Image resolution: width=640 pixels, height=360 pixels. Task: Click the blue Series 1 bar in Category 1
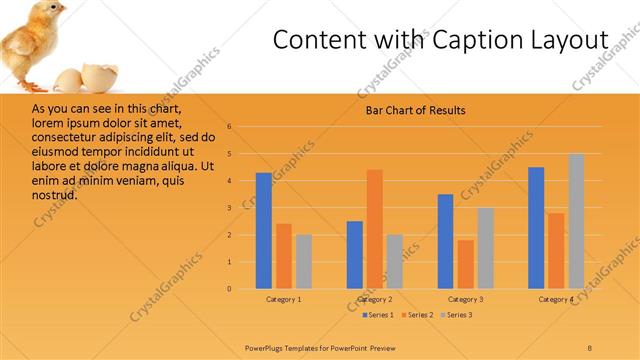coord(264,231)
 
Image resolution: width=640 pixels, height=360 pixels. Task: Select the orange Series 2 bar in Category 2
coord(375,229)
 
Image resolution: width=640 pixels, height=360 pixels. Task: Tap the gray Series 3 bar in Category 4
coord(576,221)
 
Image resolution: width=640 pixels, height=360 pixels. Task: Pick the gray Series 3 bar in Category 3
coord(485,248)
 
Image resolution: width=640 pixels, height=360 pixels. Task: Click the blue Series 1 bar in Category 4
coord(536,228)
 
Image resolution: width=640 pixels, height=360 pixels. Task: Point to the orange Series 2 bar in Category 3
coord(466,264)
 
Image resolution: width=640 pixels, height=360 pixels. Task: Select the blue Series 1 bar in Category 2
coord(355,255)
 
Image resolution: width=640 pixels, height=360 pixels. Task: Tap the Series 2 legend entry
coord(418,316)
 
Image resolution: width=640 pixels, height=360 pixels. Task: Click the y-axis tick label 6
coord(230,127)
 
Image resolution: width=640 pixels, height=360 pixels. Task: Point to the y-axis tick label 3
coord(230,208)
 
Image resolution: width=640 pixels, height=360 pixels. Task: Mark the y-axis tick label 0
coord(230,289)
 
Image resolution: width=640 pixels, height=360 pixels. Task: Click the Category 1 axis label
coord(284,299)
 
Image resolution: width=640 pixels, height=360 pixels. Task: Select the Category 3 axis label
coord(466,299)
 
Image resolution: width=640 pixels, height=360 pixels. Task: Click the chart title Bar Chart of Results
coord(414,110)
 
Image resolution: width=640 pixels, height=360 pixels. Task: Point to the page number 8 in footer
coord(590,347)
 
